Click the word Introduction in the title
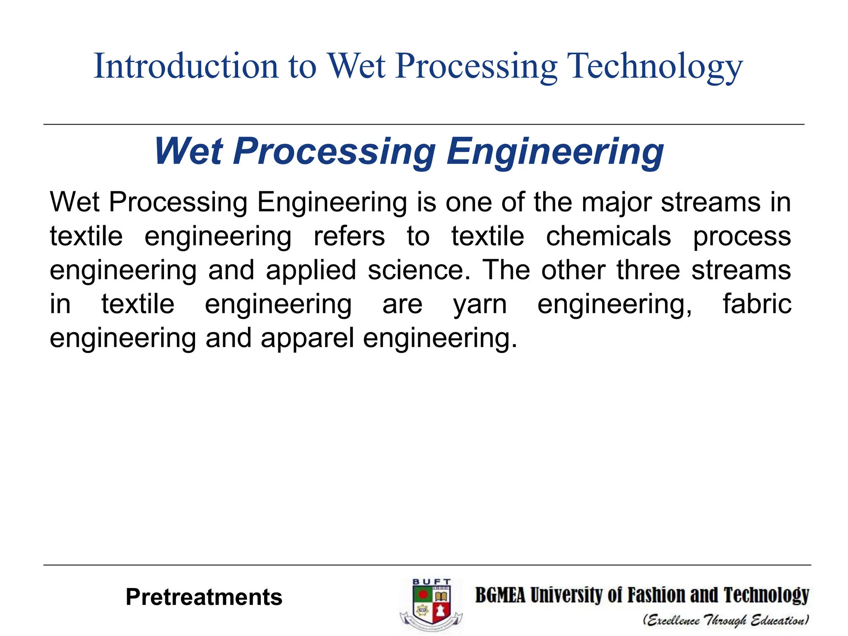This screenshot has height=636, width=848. tap(186, 66)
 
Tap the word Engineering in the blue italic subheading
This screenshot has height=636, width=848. tap(555, 152)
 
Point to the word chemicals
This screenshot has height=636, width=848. tap(608, 236)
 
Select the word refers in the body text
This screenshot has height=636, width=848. tap(349, 236)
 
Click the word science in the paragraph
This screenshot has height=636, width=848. tap(419, 270)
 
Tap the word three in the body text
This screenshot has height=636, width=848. tap(648, 270)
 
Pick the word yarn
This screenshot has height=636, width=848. tap(480, 305)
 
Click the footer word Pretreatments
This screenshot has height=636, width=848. tap(204, 597)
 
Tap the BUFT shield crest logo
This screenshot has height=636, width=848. tap(431, 605)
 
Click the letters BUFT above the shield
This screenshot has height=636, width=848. tap(431, 582)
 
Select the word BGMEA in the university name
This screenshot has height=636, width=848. tap(500, 595)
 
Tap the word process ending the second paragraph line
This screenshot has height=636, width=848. tap(742, 237)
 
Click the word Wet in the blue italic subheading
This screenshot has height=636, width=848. tap(189, 152)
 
